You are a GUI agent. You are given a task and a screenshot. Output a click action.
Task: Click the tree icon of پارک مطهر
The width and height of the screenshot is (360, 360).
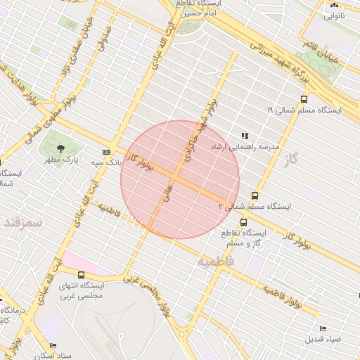tap(61, 148)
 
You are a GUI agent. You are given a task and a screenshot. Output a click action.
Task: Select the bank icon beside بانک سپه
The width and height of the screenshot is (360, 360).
tap(106, 151)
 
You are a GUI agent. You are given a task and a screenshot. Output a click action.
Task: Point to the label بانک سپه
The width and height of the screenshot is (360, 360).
tap(108, 162)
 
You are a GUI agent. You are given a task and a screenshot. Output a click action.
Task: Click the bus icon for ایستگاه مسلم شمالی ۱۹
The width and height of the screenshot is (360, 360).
tap(304, 99)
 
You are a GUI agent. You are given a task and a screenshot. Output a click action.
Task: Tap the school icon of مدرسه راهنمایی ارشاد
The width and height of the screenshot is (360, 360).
tap(245, 136)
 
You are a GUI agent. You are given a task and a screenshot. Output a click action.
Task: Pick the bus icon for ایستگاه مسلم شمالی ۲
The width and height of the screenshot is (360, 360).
tap(254, 196)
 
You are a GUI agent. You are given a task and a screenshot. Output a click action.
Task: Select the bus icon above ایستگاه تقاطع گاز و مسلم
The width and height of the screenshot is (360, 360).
tap(243, 222)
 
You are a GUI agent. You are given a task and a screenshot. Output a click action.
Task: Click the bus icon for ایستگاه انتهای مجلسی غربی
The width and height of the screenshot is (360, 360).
tap(81, 275)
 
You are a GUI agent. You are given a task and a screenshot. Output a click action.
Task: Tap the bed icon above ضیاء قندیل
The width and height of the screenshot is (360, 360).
tap(323, 328)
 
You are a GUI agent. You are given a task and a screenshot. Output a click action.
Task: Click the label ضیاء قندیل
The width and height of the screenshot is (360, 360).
tap(323, 339)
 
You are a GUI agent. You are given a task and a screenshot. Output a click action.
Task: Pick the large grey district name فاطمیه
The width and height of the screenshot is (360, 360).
tap(215, 262)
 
